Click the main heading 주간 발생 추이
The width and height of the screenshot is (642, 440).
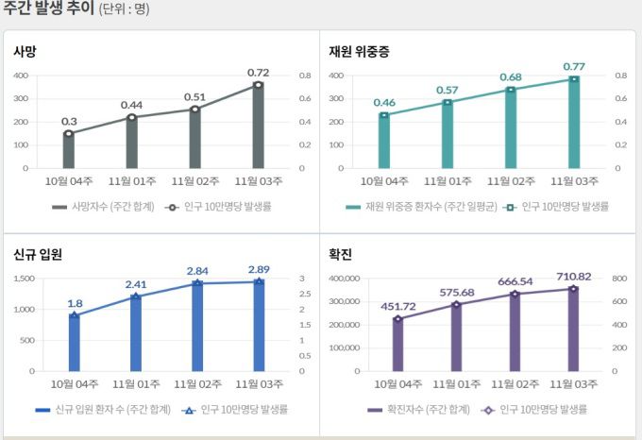[x=48, y=9]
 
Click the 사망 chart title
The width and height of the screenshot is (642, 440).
[x=25, y=51]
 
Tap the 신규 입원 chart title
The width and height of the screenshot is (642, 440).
[x=38, y=255]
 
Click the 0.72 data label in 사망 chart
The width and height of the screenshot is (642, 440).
[x=258, y=72]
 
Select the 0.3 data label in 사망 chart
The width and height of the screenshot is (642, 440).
[x=69, y=121]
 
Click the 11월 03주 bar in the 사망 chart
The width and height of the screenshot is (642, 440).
[x=258, y=127]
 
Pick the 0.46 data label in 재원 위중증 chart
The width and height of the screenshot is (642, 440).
[x=384, y=102]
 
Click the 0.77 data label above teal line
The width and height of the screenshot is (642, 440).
[x=574, y=66]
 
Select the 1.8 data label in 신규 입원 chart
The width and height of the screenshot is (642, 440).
[x=75, y=303]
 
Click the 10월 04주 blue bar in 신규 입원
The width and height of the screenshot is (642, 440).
[x=75, y=343]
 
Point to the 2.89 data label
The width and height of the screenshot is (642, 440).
[x=259, y=269]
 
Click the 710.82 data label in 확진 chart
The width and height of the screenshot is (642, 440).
[x=573, y=276]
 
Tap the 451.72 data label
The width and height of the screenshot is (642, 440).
[x=397, y=305]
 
